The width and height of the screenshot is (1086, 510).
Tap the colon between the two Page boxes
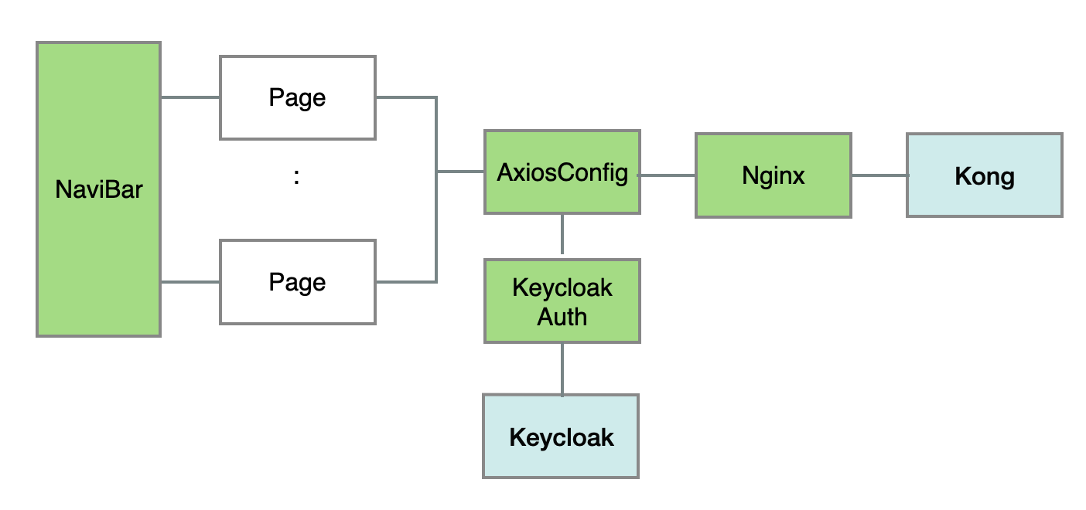tap(297, 177)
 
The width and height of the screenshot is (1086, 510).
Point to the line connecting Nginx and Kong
tap(879, 175)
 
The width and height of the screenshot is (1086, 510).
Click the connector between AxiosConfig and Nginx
tap(668, 175)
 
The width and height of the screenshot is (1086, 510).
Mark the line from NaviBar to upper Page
tap(190, 97)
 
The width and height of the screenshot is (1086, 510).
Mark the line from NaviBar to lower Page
tap(190, 282)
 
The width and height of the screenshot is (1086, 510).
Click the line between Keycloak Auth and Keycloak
tap(562, 369)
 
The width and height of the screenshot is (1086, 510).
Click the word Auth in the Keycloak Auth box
tap(562, 317)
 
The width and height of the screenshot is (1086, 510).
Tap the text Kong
tap(985, 177)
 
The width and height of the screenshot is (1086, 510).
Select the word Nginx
tap(774, 176)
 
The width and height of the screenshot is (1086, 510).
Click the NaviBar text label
tap(99, 189)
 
